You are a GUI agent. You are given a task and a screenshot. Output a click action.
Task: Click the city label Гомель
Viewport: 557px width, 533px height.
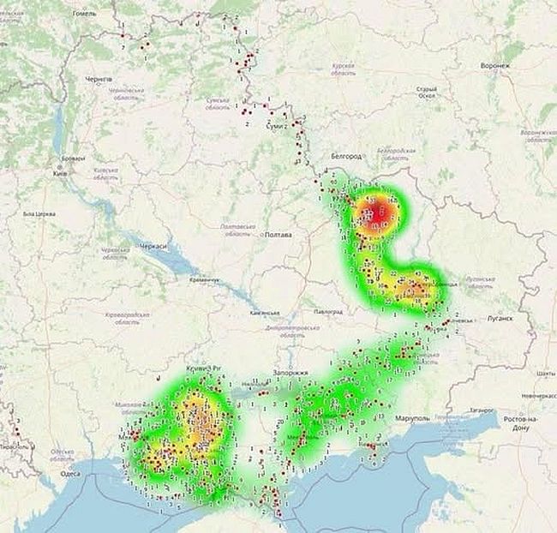pos(85,13)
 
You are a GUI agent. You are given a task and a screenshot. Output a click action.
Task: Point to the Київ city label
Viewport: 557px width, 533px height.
pos(60,173)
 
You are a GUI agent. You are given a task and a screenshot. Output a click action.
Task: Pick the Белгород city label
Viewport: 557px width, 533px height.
pos(347,156)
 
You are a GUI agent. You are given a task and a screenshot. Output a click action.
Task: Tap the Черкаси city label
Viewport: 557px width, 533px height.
pos(155,245)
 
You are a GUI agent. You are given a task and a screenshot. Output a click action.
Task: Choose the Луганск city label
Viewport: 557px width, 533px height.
pos(500,318)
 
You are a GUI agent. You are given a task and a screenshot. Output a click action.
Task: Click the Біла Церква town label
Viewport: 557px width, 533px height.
pos(39,213)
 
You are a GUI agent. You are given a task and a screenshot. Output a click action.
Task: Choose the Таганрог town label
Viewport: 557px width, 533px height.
pos(486,410)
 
